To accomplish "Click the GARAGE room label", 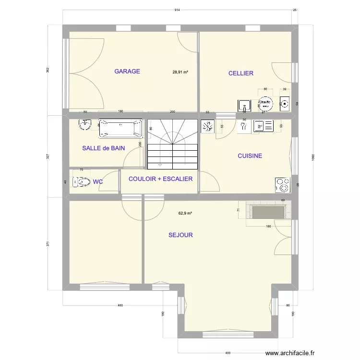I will pos(127,72).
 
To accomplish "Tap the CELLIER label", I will pos(240,73).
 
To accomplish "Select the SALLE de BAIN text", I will pos(103,148).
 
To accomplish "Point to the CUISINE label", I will pos(250,156).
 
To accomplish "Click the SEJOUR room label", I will pos(180,235).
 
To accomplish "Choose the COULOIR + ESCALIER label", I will pos(160,179).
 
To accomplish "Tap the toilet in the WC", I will pos(81,182).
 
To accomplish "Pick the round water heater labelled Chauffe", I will pos(264,103).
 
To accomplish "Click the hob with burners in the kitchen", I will pos(282,185).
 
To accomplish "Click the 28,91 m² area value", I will pos(180,72).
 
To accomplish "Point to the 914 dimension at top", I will pos(177,10).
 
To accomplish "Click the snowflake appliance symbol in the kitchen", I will pos(207,127).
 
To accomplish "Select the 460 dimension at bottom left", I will pos(120,305).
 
